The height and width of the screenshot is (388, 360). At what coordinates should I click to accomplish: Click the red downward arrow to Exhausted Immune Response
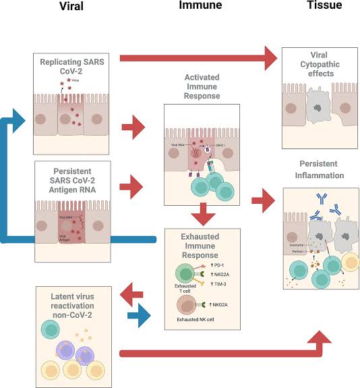pos(202,213)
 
